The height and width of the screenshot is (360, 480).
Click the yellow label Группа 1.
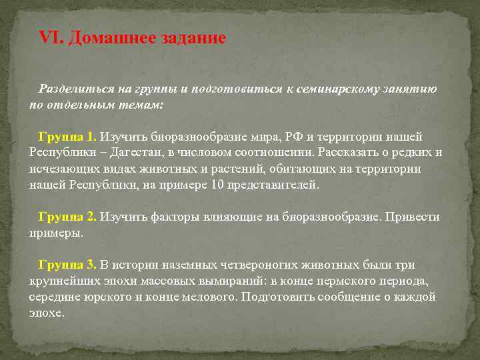[x=67, y=137]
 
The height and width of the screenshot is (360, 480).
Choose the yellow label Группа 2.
[x=67, y=217]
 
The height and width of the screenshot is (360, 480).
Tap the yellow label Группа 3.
[x=67, y=265]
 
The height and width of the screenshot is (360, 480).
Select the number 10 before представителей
[x=216, y=185]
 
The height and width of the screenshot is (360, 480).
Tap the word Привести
[x=414, y=217]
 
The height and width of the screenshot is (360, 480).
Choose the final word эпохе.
[x=47, y=313]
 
